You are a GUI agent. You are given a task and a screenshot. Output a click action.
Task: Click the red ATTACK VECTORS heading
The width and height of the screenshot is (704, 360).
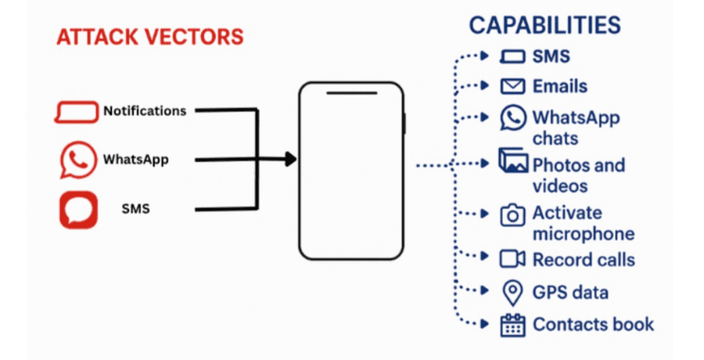149,36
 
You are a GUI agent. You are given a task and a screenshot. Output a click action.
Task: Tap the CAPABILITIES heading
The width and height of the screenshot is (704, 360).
544,24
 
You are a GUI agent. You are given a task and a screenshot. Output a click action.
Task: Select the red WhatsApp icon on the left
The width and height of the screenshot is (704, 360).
77,160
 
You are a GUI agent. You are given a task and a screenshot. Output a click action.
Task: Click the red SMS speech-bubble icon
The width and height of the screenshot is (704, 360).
78,210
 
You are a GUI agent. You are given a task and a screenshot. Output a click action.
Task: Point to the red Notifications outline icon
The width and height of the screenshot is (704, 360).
77,112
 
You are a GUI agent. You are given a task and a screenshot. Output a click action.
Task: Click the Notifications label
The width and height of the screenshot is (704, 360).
145,111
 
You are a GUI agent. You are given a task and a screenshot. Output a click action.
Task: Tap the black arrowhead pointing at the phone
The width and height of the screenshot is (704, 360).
291,160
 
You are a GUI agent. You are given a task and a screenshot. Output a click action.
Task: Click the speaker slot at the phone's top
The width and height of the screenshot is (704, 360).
350,95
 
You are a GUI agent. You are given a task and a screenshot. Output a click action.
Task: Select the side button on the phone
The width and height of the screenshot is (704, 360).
404,124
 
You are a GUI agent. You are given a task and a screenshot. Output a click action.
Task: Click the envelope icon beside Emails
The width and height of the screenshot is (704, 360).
512,86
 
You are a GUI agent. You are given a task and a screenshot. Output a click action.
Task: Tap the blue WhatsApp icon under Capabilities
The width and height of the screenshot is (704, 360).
513,118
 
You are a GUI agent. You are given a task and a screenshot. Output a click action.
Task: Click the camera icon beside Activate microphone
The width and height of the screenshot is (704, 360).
513,215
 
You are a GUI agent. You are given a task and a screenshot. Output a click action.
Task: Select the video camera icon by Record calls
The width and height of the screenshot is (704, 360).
512,259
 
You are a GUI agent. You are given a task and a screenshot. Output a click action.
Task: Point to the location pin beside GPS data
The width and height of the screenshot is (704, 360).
512,293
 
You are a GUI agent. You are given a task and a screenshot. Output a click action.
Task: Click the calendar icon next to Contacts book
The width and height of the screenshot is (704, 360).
512,324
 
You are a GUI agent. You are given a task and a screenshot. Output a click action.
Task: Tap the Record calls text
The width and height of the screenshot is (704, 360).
584,260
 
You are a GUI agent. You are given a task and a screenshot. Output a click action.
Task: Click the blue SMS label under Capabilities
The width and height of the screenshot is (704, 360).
551,56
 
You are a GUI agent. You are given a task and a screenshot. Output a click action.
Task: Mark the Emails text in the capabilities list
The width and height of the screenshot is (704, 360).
560,86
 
